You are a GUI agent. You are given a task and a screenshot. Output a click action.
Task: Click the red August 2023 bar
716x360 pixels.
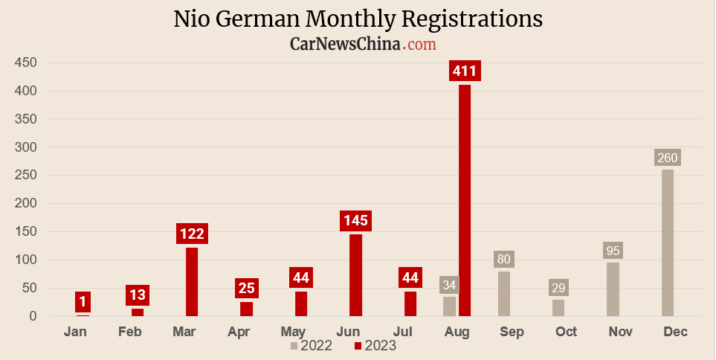pyautogui.click(x=465, y=201)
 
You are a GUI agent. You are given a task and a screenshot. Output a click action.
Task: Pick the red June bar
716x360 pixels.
pyautogui.click(x=355, y=275)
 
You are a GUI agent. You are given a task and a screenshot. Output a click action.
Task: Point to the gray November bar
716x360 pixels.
pyautogui.click(x=613, y=289)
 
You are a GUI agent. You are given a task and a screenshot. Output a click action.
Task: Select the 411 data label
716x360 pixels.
pyautogui.click(x=465, y=71)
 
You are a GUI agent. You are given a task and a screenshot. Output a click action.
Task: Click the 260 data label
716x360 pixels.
pyautogui.click(x=668, y=158)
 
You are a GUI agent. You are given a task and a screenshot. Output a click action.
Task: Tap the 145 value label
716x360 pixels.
pyautogui.click(x=355, y=221)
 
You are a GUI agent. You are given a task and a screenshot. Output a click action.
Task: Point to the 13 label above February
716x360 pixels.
pyautogui.click(x=138, y=295)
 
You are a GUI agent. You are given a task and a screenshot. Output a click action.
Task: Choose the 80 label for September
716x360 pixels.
pyautogui.click(x=504, y=260)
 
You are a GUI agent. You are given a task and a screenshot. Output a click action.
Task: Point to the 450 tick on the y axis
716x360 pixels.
pyautogui.click(x=26, y=63)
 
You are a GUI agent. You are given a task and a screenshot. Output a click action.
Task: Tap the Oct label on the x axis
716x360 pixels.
pyautogui.click(x=566, y=332)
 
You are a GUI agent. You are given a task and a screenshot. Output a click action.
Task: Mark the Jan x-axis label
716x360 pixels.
pyautogui.click(x=75, y=332)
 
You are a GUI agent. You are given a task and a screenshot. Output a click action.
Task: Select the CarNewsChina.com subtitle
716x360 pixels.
pyautogui.click(x=362, y=45)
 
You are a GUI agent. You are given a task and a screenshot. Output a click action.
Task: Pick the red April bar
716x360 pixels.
pyautogui.click(x=246, y=309)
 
